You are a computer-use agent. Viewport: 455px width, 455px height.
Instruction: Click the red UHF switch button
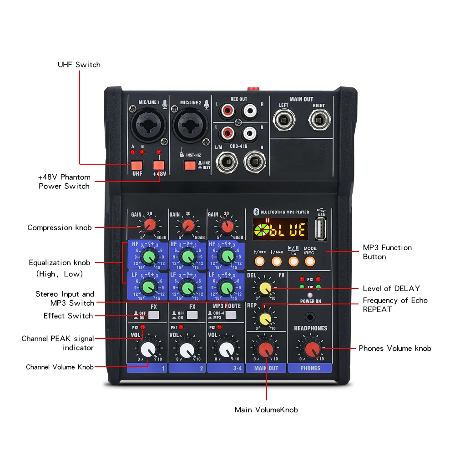coord(136,166)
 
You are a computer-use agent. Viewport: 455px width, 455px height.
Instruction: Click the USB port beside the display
coord(321,229)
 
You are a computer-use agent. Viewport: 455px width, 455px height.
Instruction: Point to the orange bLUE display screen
coord(280,230)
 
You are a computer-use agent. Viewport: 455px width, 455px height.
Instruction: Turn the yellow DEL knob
coord(265,288)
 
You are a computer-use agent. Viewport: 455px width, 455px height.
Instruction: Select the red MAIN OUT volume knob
coord(266,349)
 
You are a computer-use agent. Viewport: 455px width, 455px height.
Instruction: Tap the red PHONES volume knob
coord(312,349)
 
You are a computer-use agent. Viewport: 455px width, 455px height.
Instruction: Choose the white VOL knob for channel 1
coord(147,350)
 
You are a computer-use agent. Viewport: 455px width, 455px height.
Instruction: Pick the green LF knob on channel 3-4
coord(225,287)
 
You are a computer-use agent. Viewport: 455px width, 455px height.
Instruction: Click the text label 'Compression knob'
coord(59,227)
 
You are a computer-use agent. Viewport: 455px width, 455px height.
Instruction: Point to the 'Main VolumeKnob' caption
coord(266,410)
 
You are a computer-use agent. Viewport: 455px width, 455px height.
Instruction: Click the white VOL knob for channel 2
coord(186,350)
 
